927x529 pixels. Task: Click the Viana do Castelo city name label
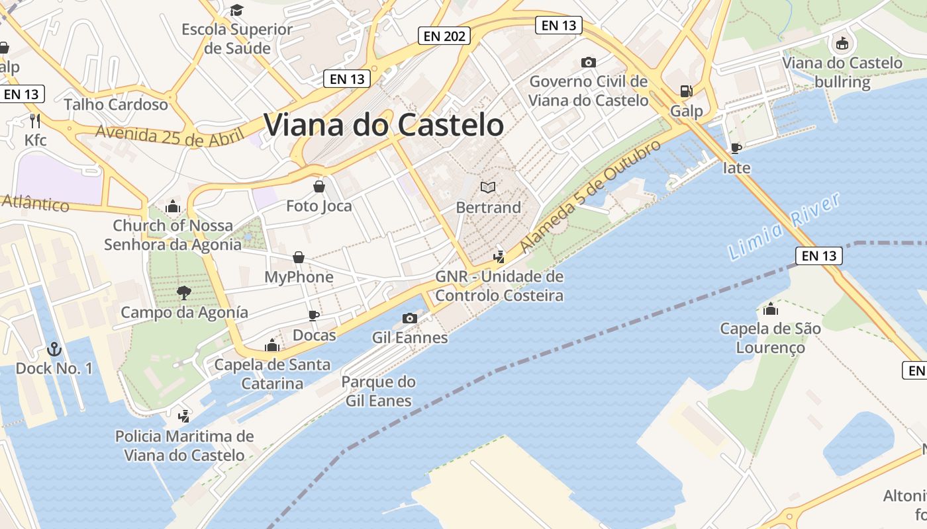383,125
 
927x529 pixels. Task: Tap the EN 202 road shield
444,36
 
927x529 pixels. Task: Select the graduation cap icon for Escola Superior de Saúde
236,10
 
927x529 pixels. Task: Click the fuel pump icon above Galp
687,91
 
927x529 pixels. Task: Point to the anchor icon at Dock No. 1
54,348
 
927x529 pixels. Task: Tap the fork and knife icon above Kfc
35,120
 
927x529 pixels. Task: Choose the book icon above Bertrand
488,188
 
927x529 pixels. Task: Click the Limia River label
784,226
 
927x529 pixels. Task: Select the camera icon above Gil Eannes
410,318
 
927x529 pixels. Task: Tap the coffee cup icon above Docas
314,315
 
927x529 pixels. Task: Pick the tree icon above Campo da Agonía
184,292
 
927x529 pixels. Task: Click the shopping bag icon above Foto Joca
319,186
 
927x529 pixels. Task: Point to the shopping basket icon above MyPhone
299,257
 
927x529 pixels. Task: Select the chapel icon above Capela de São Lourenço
770,309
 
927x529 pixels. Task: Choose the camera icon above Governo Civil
588,62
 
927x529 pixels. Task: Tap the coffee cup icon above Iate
736,148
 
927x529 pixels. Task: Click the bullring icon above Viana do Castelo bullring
842,44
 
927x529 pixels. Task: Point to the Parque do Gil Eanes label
378,391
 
